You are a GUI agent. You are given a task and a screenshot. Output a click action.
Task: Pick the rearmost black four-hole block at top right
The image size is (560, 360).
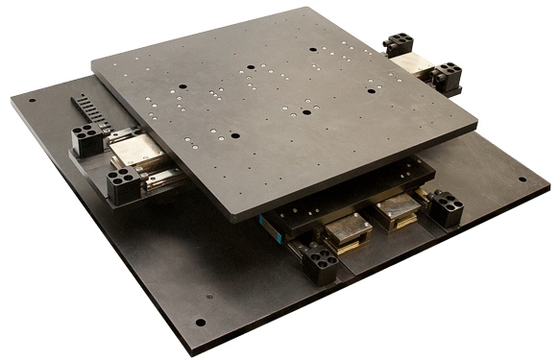pos(398,43)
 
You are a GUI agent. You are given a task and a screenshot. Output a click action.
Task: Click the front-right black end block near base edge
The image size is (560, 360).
pos(446,207)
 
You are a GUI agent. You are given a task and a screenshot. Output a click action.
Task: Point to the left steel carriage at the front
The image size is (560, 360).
pos(348,229)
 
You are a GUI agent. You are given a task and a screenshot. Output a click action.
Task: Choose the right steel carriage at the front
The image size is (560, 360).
pos(396,210)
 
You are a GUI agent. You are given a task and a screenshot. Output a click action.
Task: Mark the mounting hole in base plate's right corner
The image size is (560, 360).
pos(523,179)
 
